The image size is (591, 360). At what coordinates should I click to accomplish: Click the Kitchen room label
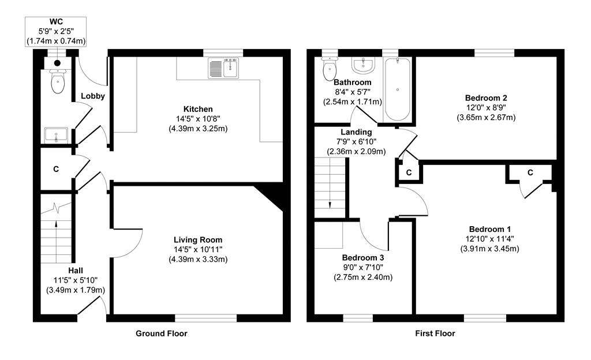click(198, 109)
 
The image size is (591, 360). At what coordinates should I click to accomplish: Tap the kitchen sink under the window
click(223, 69)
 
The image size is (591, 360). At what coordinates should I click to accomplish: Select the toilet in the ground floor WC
click(58, 82)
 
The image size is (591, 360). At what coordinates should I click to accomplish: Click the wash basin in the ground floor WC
click(56, 136)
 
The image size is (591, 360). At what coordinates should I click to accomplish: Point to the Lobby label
click(92, 96)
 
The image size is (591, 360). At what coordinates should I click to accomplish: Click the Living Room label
click(198, 240)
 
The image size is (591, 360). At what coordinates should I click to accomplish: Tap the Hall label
click(76, 270)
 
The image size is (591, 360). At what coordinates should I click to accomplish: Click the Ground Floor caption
click(161, 333)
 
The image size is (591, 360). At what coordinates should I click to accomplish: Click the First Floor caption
click(435, 333)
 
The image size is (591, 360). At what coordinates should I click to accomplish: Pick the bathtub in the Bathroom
click(397, 89)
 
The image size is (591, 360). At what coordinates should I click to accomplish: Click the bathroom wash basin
click(363, 65)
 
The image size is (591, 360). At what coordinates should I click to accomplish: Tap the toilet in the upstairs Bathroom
click(330, 69)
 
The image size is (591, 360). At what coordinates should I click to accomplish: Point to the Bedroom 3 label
click(363, 257)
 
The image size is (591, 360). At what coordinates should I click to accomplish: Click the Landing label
click(356, 132)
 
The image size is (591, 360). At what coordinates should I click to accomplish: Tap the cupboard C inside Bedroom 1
click(529, 172)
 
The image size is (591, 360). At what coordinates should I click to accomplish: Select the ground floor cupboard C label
click(56, 170)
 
